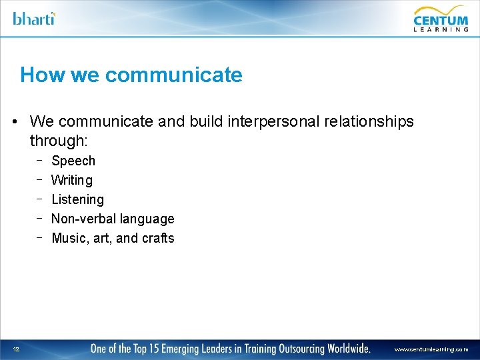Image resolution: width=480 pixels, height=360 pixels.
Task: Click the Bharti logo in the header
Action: coord(34,18)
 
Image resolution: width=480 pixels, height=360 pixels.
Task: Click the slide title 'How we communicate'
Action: coord(131,75)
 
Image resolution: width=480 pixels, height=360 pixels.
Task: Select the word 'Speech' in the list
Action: coord(73,161)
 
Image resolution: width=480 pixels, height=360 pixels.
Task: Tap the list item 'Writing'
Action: coord(72,180)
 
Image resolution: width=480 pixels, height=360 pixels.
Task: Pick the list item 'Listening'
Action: coord(77,199)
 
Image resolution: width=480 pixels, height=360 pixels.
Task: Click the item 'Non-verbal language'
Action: coord(113,219)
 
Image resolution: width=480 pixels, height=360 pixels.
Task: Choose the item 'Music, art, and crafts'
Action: coord(113,238)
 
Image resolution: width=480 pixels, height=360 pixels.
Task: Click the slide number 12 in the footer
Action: coord(15,349)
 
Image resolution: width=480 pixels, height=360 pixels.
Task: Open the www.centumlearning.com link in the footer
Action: coord(431,349)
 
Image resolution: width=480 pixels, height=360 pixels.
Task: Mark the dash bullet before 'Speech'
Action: coord(40,160)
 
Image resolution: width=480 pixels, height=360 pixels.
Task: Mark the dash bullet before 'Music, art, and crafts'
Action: coord(40,237)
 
